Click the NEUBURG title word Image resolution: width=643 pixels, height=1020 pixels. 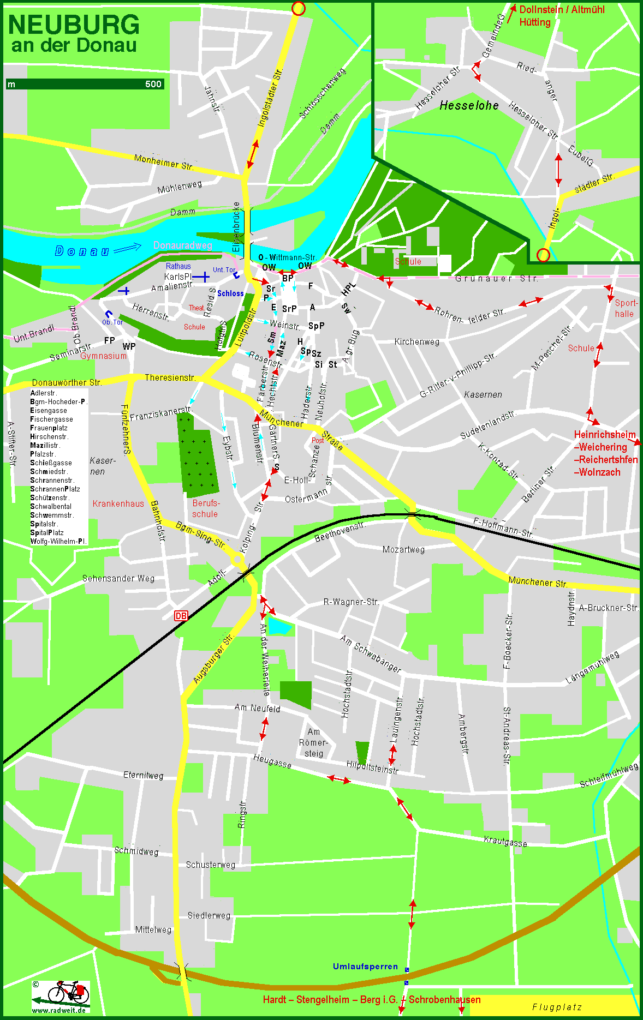click(74, 25)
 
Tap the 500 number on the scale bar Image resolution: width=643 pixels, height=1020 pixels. click(153, 84)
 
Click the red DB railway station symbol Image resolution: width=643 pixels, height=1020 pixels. click(181, 616)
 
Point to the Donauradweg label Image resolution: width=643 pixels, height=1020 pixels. click(182, 245)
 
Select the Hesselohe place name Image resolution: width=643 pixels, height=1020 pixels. click(469, 105)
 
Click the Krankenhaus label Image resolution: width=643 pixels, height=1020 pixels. click(118, 503)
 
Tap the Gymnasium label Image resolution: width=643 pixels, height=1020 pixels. click(103, 356)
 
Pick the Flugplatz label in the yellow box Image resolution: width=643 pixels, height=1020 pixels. click(557, 1007)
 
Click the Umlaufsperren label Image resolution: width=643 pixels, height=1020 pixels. click(365, 966)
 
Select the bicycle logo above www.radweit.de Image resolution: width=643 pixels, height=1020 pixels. click(68, 993)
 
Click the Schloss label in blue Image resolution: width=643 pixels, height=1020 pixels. click(230, 293)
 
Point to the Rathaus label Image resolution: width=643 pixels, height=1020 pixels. click(178, 266)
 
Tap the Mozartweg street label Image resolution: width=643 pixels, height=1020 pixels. click(403, 549)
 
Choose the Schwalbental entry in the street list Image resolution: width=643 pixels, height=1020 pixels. click(51, 506)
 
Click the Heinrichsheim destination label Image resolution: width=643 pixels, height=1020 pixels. click(605, 435)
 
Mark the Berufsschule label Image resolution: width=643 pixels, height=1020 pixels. click(205, 508)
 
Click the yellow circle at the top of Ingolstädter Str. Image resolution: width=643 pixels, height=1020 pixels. click(298, 8)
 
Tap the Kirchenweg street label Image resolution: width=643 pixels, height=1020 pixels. click(416, 341)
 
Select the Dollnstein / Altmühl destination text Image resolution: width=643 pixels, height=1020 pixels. click(562, 10)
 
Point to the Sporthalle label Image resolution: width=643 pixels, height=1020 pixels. click(625, 308)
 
